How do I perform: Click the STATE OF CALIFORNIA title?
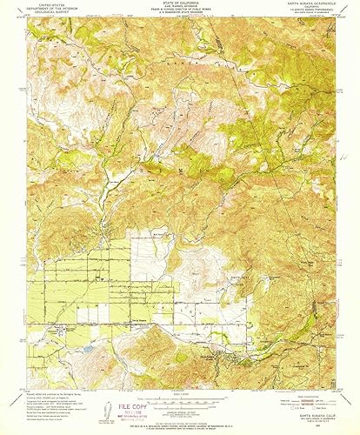pos(180,3)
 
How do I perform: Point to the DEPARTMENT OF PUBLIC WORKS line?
pos(180,11)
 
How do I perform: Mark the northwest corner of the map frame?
pos(26,19)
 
